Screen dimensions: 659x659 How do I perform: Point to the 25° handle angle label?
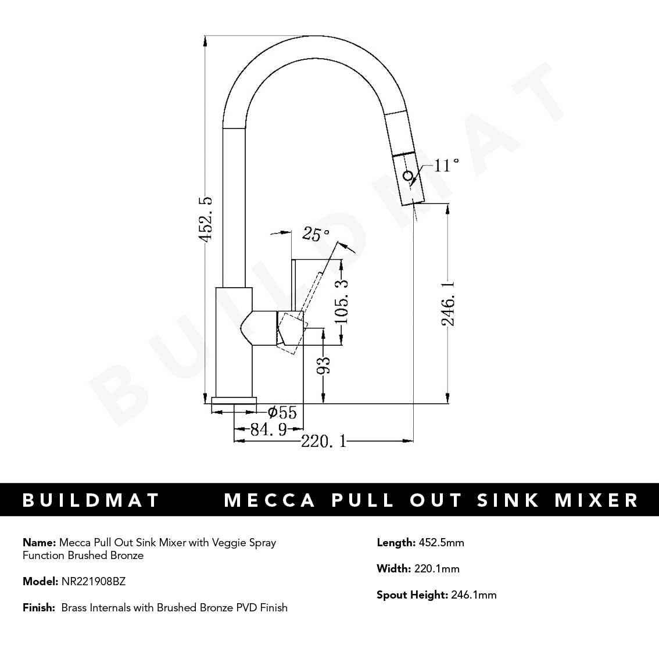[316, 234]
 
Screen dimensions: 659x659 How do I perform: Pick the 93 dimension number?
[324, 364]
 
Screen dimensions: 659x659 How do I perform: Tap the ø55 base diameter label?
[282, 413]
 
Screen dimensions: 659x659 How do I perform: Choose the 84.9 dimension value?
[268, 430]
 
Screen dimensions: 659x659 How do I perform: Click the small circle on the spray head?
[408, 175]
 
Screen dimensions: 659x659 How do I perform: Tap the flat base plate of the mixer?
[234, 400]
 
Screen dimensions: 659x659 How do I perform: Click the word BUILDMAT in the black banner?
[91, 500]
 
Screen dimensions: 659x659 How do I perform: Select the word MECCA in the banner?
[270, 500]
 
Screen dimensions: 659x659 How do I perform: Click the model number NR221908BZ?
[94, 581]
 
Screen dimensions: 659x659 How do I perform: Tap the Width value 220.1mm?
[436, 569]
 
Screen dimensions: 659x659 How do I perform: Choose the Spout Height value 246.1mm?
[474, 595]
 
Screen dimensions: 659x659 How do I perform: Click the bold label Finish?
[39, 608]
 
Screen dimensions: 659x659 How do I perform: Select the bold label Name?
[39, 543]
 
